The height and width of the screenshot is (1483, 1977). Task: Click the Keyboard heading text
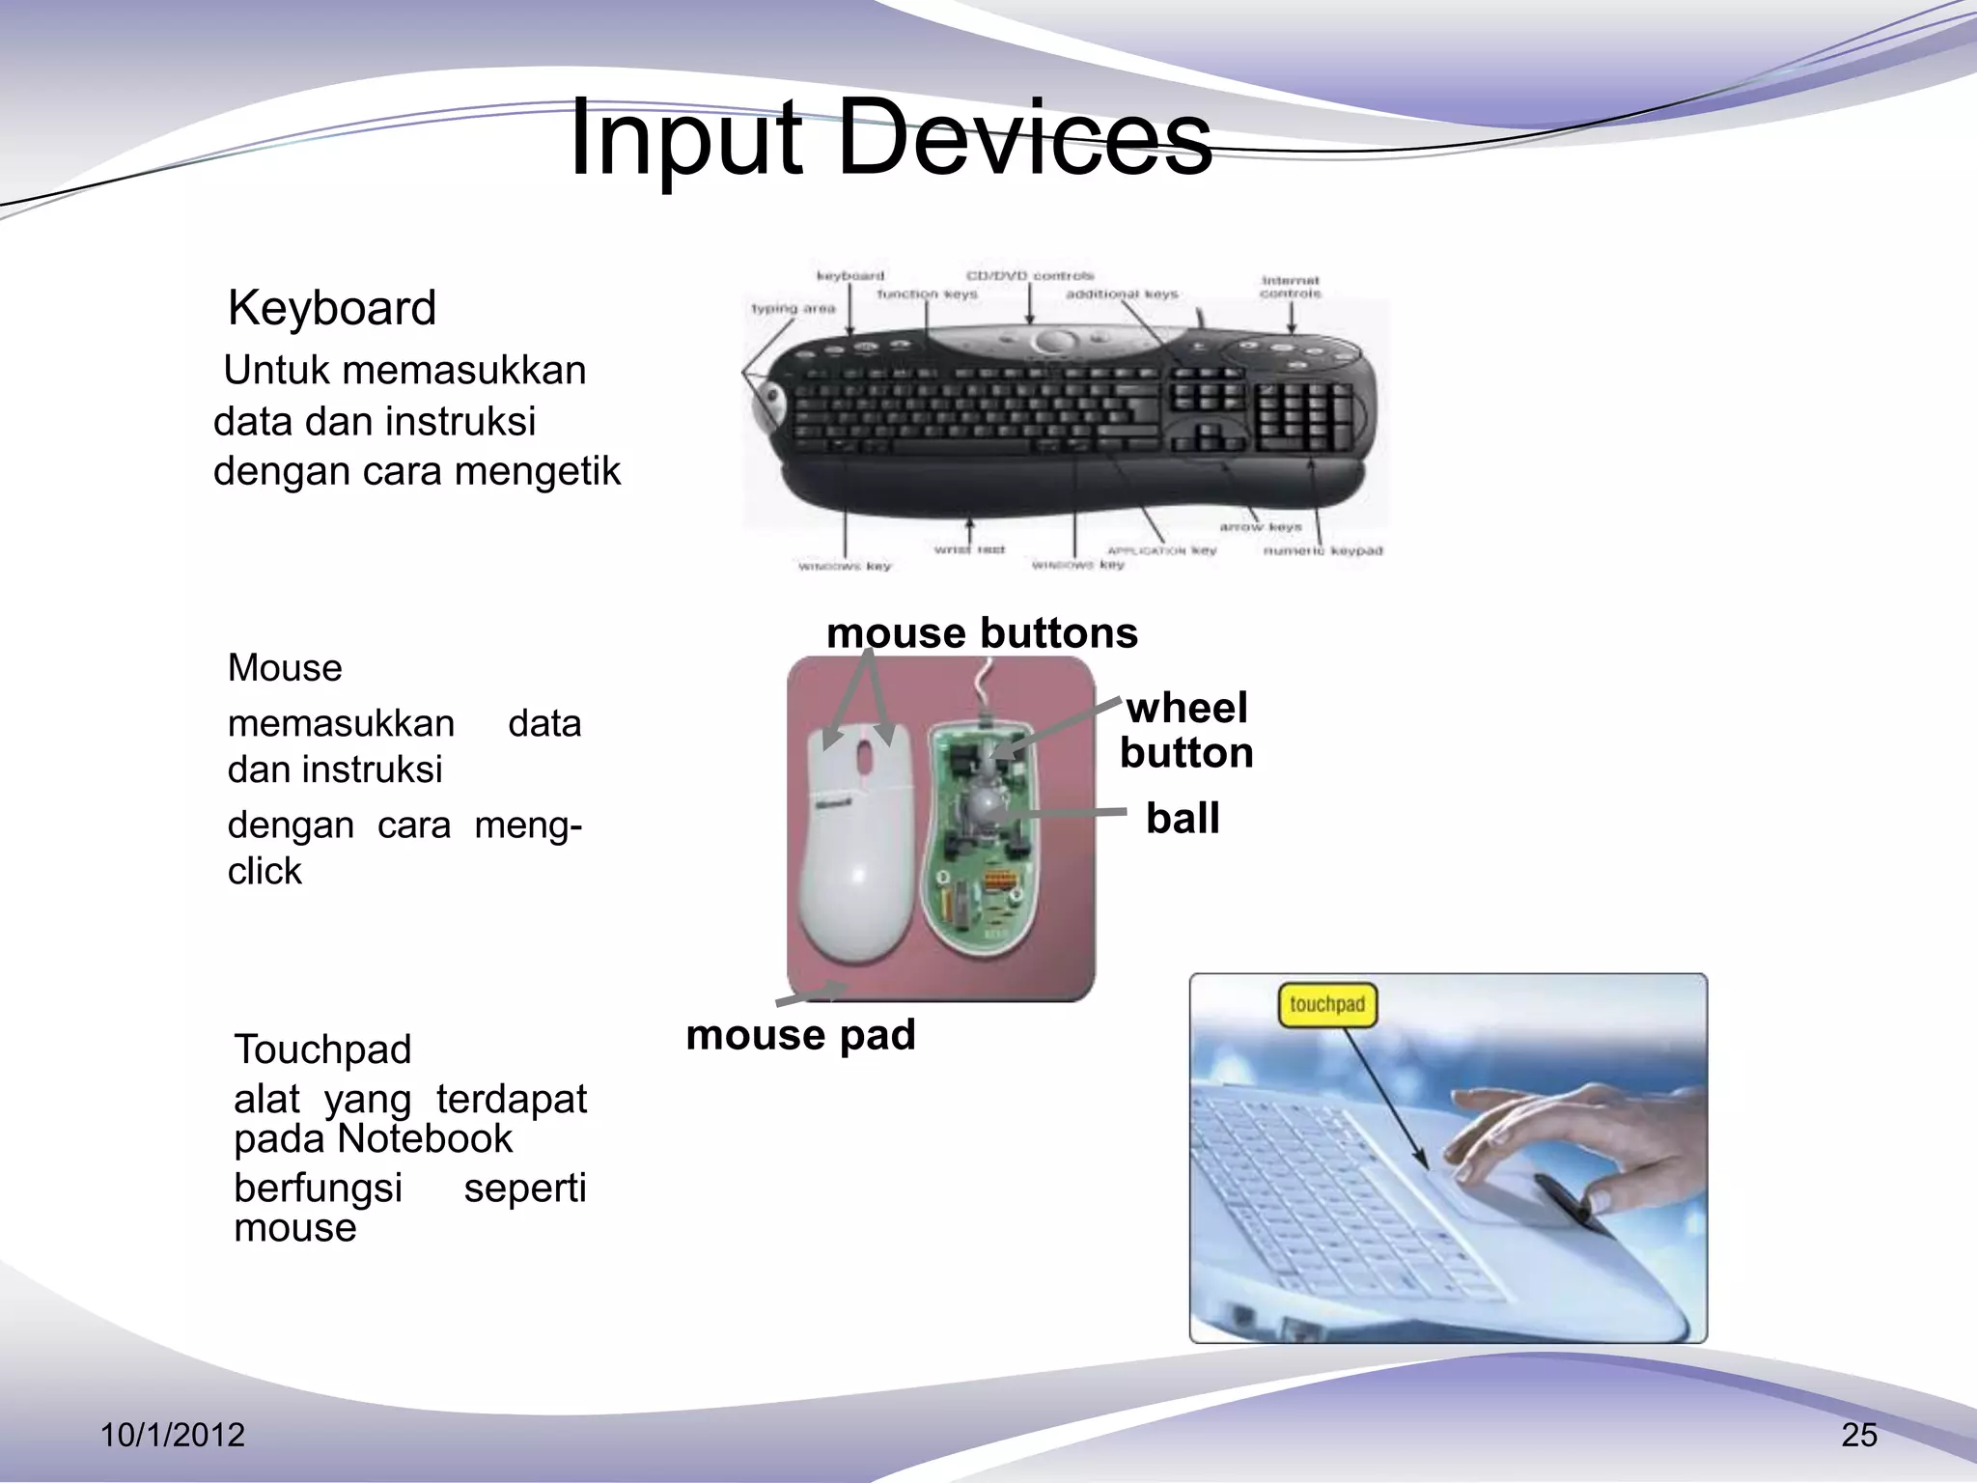[331, 308]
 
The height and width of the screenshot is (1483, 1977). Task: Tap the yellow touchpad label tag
[1327, 1005]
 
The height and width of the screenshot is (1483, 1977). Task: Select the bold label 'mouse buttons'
[982, 633]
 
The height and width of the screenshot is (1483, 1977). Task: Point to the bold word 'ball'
[1183, 819]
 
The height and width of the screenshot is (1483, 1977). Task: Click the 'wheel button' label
[1186, 730]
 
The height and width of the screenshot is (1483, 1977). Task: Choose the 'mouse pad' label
[800, 1035]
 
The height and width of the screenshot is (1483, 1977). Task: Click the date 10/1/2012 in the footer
[173, 1435]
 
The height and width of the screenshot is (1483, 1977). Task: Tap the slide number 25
[1858, 1435]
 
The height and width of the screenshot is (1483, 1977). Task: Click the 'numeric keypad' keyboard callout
[1323, 550]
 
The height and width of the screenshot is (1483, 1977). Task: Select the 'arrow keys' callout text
[1260, 527]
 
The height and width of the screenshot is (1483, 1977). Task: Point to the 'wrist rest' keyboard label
[969, 548]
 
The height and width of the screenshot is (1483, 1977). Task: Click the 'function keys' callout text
[927, 294]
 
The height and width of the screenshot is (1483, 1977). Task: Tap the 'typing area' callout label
[793, 309]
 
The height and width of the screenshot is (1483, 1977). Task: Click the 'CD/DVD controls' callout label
[1030, 275]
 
